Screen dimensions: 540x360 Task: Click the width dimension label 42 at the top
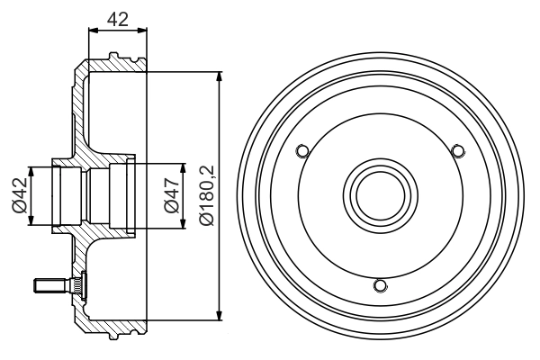[118, 19]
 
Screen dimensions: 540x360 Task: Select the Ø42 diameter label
[20, 195]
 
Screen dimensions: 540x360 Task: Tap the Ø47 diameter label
[172, 195]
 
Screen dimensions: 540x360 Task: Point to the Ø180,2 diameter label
[207, 195]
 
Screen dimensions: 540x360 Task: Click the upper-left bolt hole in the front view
[302, 151]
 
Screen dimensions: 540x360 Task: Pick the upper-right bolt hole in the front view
[458, 151]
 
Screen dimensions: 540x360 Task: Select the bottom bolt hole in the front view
[380, 285]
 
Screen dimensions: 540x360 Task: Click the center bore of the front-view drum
[381, 195]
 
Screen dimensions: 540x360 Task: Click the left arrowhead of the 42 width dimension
[94, 31]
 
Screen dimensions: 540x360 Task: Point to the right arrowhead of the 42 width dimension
[142, 31]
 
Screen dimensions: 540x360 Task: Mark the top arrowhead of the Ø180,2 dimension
[219, 76]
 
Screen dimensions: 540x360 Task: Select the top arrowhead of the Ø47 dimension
[183, 168]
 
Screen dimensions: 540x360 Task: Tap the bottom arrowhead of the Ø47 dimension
[183, 223]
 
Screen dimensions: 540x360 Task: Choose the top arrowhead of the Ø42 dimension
[31, 172]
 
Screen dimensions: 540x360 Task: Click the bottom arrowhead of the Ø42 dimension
[31, 220]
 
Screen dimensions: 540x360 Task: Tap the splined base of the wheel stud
[76, 285]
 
